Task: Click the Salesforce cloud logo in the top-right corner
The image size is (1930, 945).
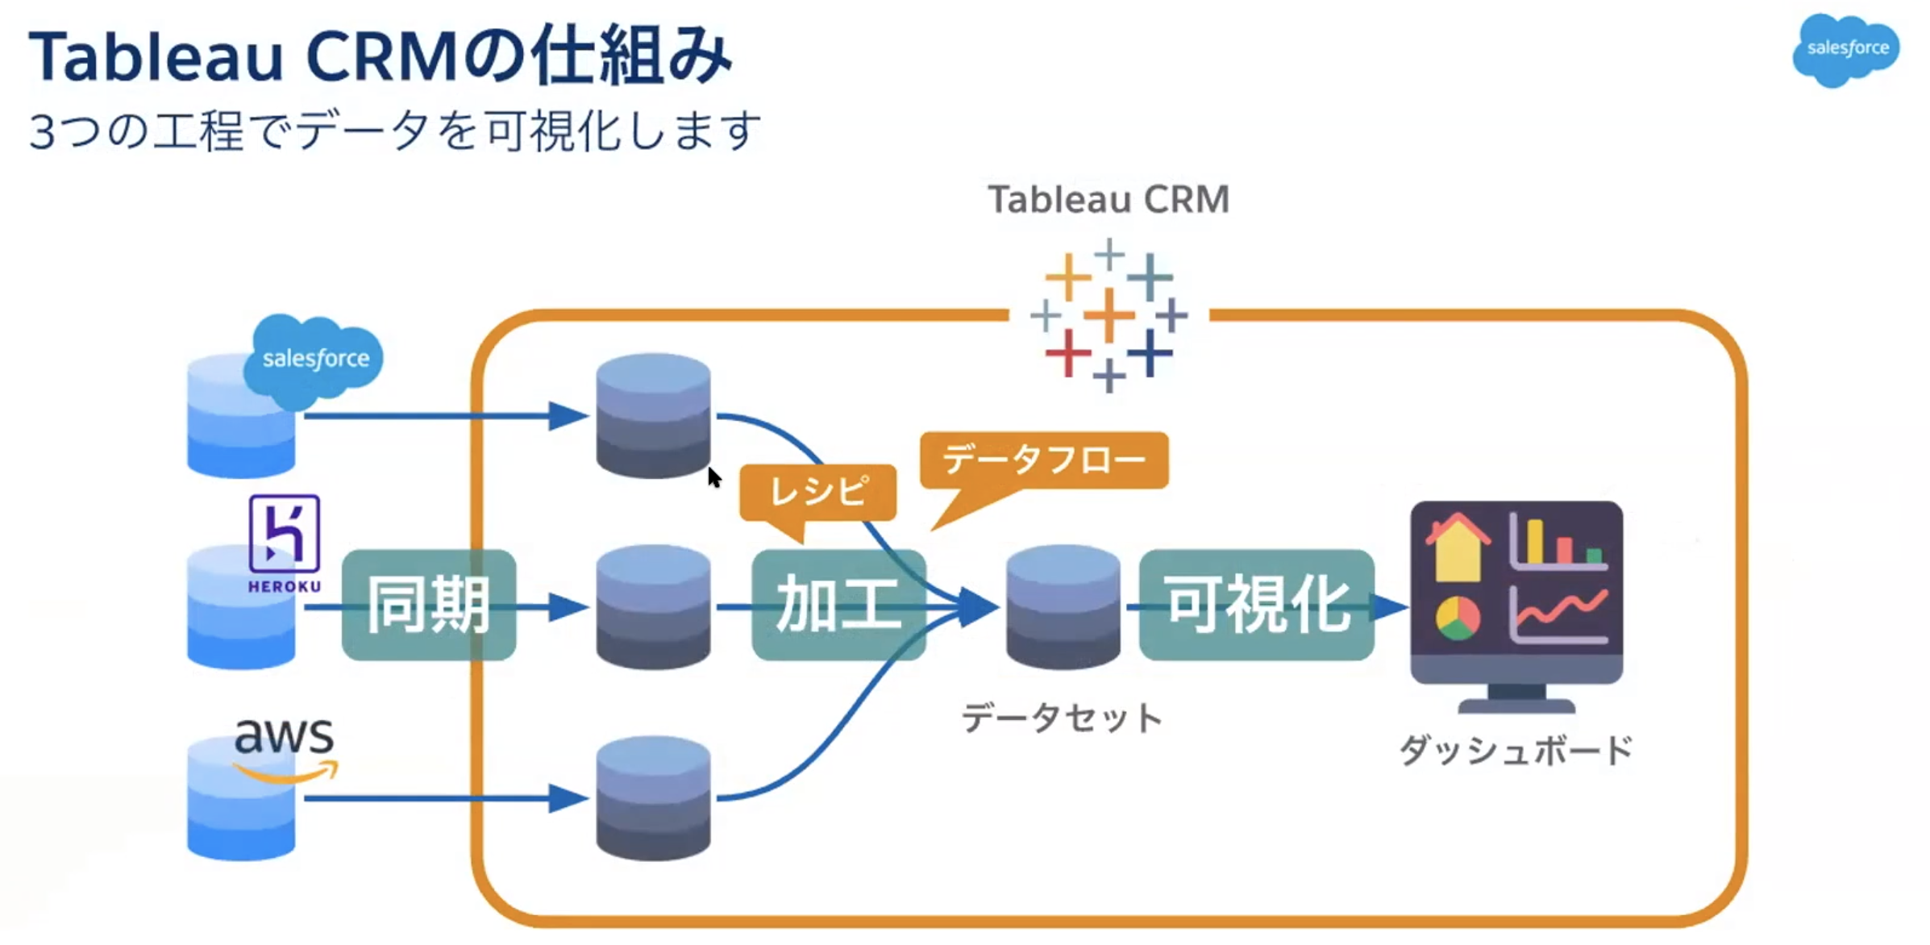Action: (x=1845, y=49)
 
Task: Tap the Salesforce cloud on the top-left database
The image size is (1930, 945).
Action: (x=314, y=359)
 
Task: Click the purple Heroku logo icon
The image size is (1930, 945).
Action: (x=284, y=534)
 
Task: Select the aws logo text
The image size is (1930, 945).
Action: (x=283, y=735)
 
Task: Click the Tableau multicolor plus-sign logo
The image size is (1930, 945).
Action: (x=1109, y=315)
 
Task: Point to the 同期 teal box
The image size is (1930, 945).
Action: (x=428, y=605)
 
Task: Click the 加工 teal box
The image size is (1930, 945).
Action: (x=838, y=605)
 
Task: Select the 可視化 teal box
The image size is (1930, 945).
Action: (x=1256, y=605)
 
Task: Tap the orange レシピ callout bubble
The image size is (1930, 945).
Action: (x=817, y=492)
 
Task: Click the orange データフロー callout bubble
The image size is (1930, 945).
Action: (x=1043, y=460)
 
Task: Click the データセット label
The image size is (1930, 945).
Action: (x=1061, y=718)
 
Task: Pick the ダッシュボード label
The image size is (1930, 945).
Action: (x=1515, y=750)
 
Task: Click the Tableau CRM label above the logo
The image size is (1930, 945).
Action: (x=1109, y=199)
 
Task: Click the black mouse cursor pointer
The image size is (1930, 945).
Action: (x=713, y=477)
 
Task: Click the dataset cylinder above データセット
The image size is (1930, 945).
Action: (x=1063, y=606)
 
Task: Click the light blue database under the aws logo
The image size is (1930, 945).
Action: (x=241, y=806)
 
